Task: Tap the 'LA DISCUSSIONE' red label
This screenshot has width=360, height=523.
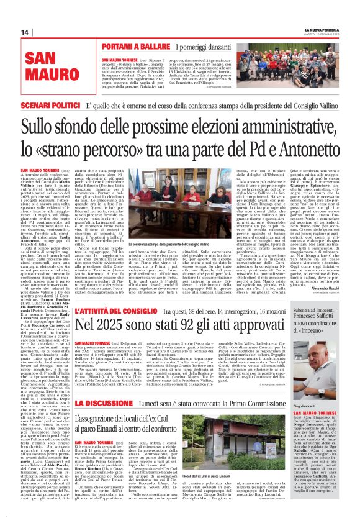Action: coord(101,404)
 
